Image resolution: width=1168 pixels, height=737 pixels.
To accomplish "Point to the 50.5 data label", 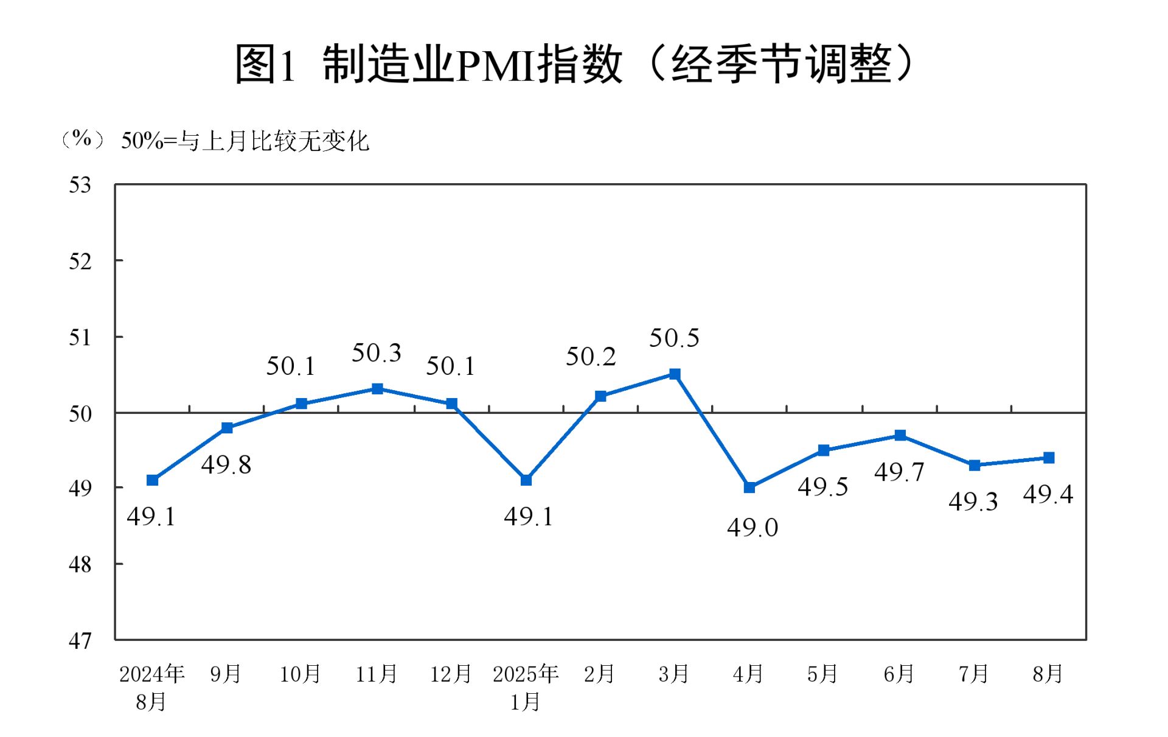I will click(674, 338).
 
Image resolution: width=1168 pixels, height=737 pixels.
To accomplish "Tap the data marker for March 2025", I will click(675, 374).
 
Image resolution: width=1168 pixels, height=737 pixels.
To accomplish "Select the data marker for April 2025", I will click(749, 487).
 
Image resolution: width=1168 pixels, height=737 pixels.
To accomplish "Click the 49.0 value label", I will click(753, 528).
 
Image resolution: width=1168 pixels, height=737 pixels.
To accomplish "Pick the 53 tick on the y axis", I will click(80, 185).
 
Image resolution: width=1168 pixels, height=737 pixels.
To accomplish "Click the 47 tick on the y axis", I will click(80, 640).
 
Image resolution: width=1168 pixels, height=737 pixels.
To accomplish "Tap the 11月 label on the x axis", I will click(377, 674).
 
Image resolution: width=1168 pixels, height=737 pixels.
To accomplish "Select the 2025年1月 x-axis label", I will click(526, 688).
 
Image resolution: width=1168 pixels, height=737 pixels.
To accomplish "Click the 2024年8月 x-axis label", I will click(151, 688).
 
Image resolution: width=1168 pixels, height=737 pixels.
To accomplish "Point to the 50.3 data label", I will click(377, 353).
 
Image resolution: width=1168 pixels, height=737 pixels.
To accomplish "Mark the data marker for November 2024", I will click(377, 389).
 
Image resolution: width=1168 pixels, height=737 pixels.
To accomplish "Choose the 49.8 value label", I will click(226, 465).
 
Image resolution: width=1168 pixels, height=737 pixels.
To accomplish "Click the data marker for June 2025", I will click(900, 435).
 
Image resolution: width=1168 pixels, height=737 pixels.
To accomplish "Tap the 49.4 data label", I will click(1048, 494).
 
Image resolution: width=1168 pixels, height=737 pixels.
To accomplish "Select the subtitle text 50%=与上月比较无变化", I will click(245, 141).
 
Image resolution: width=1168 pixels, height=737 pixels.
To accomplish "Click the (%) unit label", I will click(82, 139).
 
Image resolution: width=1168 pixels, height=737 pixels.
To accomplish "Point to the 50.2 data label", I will click(591, 357).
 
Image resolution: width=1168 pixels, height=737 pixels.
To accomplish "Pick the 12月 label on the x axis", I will click(451, 674).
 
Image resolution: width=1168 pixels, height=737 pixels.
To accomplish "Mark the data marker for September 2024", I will click(227, 428).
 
